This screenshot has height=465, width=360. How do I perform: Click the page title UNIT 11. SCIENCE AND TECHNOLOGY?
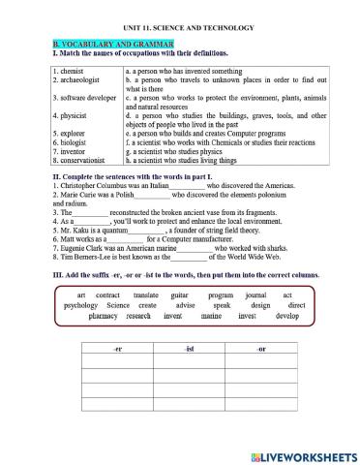179,27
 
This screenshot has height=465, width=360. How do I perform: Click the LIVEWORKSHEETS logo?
301,453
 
